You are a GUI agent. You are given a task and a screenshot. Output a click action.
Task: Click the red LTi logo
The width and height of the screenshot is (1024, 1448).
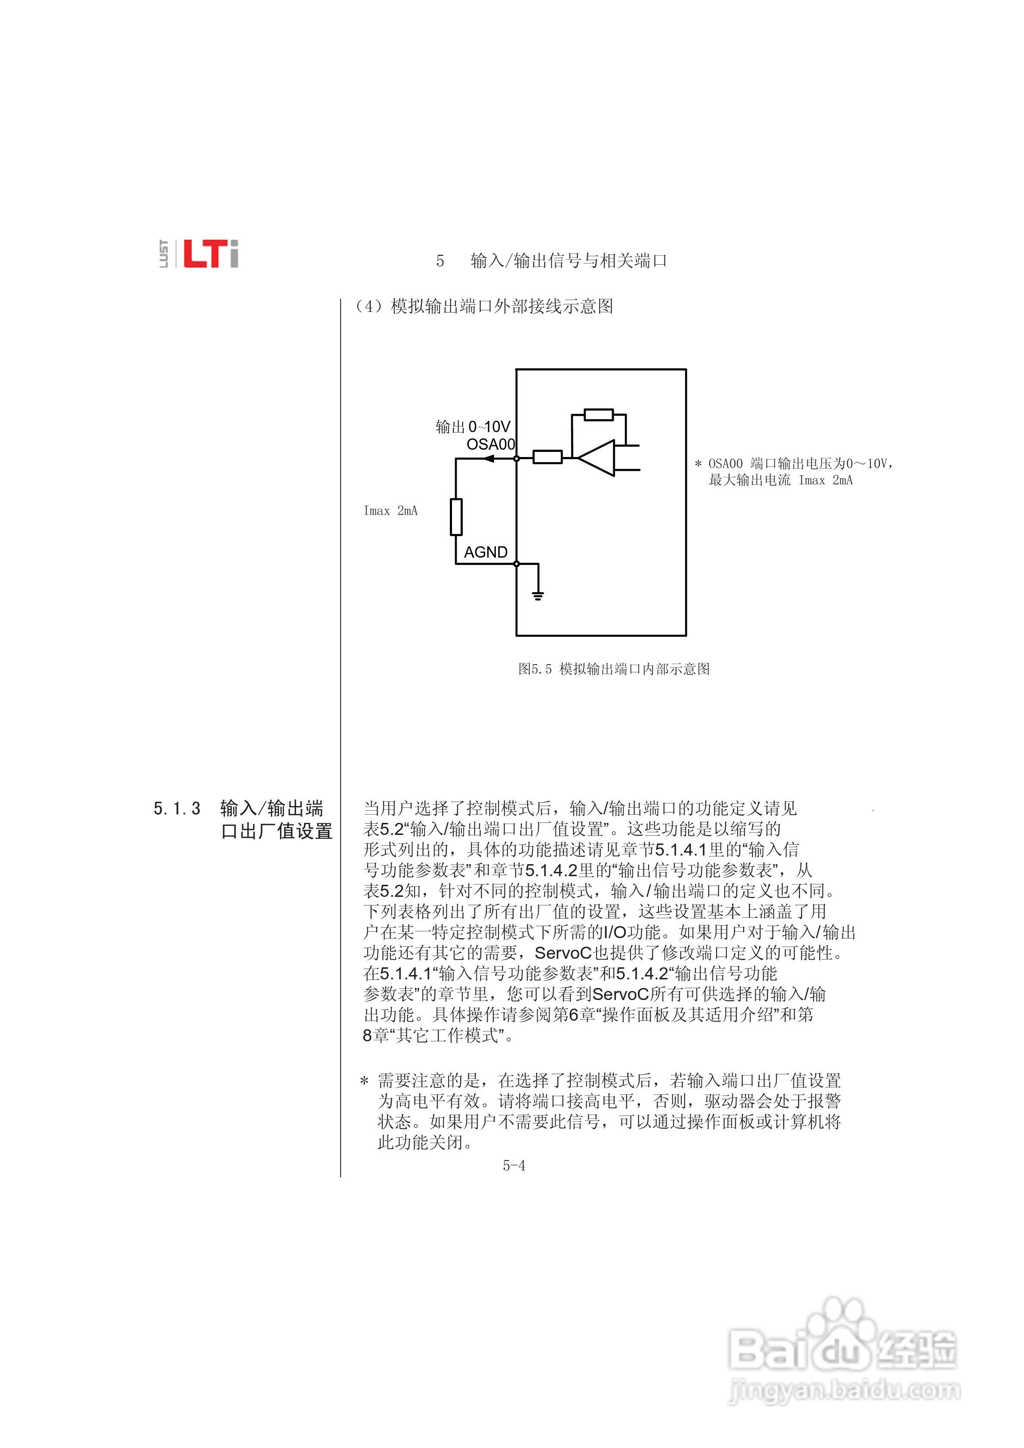(211, 254)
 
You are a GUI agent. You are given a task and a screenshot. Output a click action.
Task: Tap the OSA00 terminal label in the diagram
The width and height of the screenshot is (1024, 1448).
(490, 445)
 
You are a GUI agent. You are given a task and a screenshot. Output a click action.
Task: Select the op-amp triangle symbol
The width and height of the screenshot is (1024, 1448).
(597, 458)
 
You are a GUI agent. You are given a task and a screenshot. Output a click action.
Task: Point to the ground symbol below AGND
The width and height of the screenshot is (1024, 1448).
(538, 595)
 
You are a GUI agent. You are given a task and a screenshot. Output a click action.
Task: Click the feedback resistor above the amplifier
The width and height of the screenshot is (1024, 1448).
(598, 415)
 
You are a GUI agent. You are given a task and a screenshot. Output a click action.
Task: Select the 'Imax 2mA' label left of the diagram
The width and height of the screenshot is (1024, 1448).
(390, 511)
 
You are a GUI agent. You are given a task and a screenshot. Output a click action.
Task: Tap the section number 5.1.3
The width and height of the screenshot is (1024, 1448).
(177, 809)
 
